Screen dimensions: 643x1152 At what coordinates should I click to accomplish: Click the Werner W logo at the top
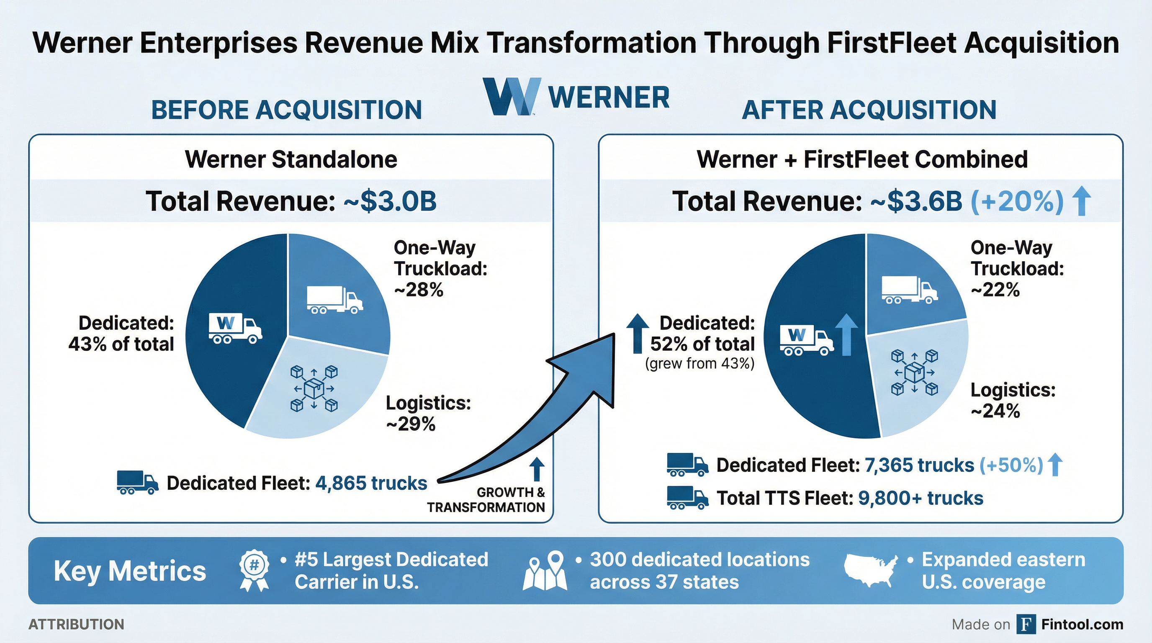(512, 96)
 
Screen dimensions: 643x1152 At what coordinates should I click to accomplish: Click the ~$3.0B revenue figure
(390, 201)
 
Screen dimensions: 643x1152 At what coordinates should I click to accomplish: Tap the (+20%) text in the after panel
(1017, 201)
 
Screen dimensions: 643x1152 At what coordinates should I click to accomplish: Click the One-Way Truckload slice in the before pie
(335, 295)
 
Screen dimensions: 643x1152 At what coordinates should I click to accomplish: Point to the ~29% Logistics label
(411, 424)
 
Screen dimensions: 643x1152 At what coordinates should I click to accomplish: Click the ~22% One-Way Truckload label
(995, 290)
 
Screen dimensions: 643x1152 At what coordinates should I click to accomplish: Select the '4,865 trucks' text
(371, 484)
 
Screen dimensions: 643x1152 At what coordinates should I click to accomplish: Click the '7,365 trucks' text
(919, 466)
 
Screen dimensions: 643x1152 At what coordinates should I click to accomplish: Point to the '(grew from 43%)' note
(700, 363)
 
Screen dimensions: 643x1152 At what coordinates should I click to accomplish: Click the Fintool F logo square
(1026, 624)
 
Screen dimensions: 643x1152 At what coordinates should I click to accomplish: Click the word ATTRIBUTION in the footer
(77, 624)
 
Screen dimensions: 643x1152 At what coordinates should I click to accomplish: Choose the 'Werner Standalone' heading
(291, 159)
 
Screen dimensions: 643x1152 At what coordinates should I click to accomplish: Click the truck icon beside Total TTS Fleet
(687, 498)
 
